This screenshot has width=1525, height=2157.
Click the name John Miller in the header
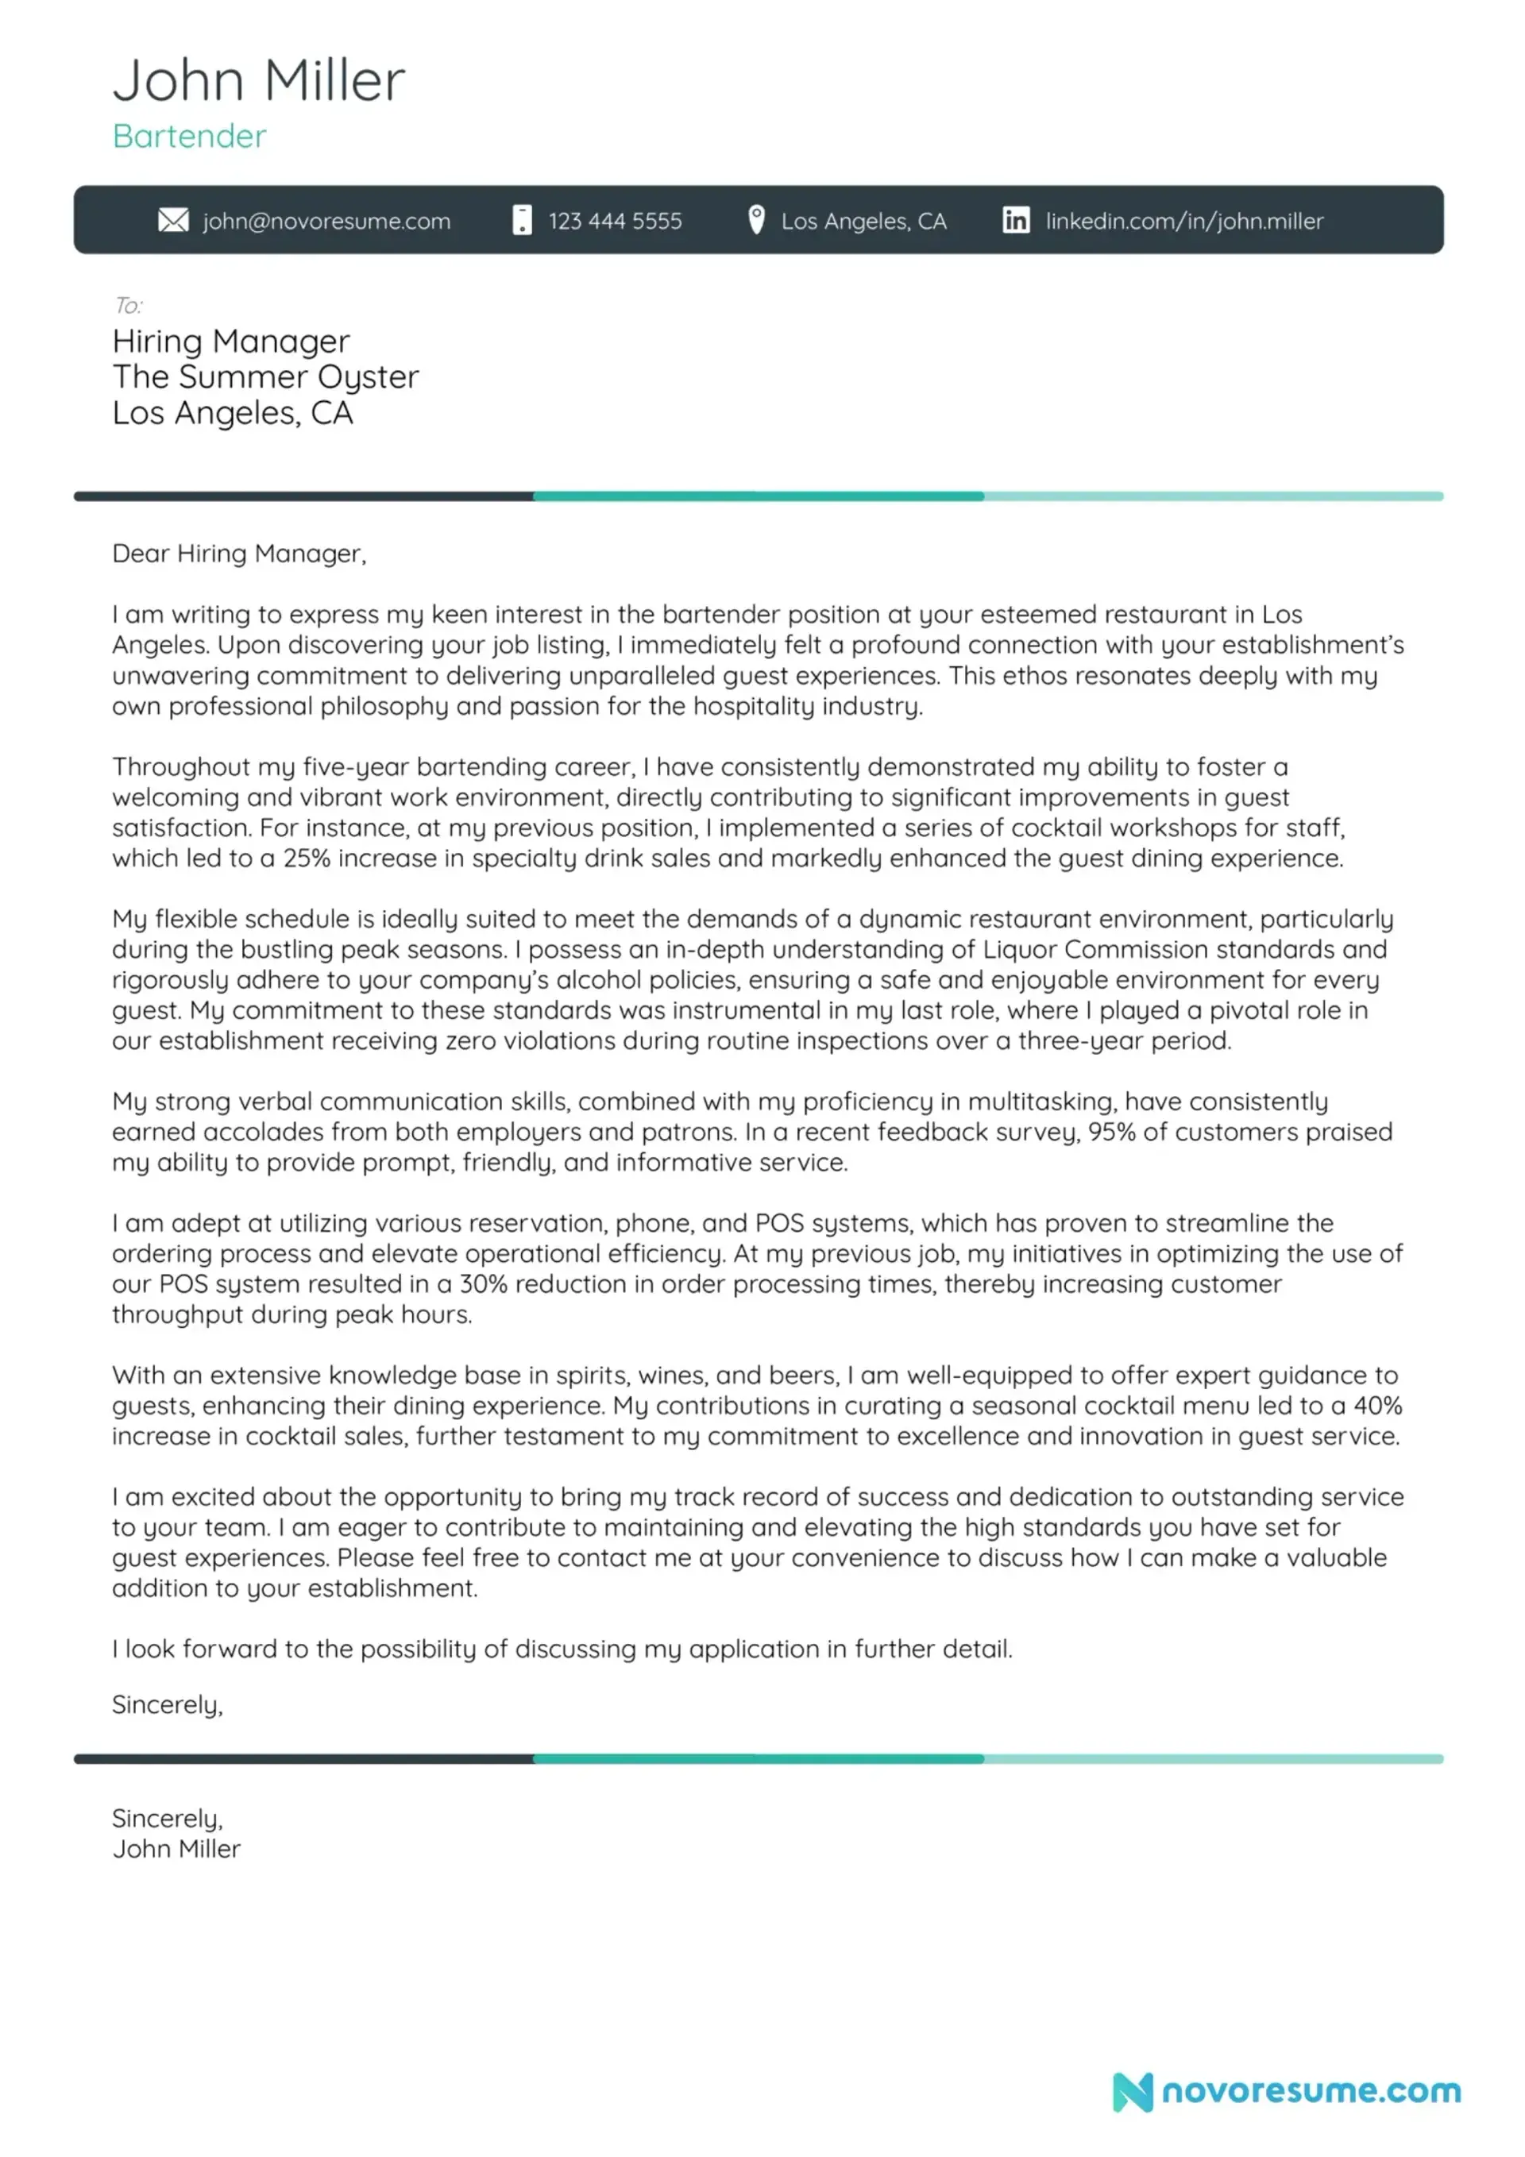pyautogui.click(x=258, y=80)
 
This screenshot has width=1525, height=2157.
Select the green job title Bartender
pyautogui.click(x=189, y=137)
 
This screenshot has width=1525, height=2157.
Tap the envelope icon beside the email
pyautogui.click(x=173, y=220)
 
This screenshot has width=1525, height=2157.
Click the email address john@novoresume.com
pyautogui.click(x=326, y=221)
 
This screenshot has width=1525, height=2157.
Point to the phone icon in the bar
pyautogui.click(x=522, y=220)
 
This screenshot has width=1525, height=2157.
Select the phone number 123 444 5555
pyautogui.click(x=615, y=221)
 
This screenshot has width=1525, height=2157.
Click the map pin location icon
pyautogui.click(x=755, y=220)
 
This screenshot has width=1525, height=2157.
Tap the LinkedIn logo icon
pyautogui.click(x=1015, y=220)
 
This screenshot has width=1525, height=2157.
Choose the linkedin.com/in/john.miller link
pyautogui.click(x=1184, y=221)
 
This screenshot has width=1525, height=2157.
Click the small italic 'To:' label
pyautogui.click(x=128, y=305)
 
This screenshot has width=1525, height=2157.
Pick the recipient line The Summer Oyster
pyautogui.click(x=265, y=376)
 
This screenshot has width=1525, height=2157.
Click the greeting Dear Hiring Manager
pyautogui.click(x=238, y=554)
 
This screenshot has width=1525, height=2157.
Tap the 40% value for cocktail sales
pyautogui.click(x=1378, y=1406)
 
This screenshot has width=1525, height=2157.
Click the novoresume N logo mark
pyautogui.click(x=1133, y=2091)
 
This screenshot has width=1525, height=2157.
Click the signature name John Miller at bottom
pyautogui.click(x=176, y=1849)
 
